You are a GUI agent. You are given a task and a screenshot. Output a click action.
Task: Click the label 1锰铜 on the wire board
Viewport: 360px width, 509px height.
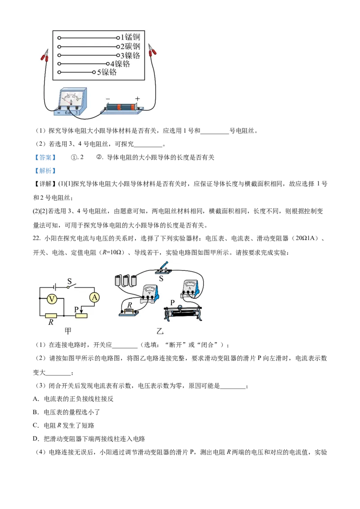[130, 38]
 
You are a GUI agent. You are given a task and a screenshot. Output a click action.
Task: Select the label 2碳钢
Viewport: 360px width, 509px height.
[130, 47]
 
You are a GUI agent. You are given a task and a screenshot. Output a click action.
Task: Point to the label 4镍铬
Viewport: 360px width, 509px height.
[120, 64]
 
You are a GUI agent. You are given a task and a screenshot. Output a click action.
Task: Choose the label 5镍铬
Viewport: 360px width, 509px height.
[107, 72]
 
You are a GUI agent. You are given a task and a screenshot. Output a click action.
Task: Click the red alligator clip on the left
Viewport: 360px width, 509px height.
[45, 56]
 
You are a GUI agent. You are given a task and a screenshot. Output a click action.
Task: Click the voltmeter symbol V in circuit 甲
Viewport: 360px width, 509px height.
[52, 298]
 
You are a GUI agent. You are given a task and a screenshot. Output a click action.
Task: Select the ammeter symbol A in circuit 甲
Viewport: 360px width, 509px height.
[94, 297]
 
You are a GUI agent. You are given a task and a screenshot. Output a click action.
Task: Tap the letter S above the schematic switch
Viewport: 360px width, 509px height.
[70, 281]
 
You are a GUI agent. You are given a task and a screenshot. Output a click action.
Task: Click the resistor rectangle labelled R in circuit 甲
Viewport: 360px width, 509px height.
[51, 316]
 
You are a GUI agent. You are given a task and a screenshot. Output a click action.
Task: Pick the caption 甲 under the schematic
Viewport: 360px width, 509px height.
[68, 331]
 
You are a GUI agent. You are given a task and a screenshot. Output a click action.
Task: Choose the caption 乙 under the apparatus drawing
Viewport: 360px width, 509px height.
[160, 332]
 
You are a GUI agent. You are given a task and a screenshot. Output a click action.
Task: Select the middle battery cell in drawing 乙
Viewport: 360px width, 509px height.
[126, 281]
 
